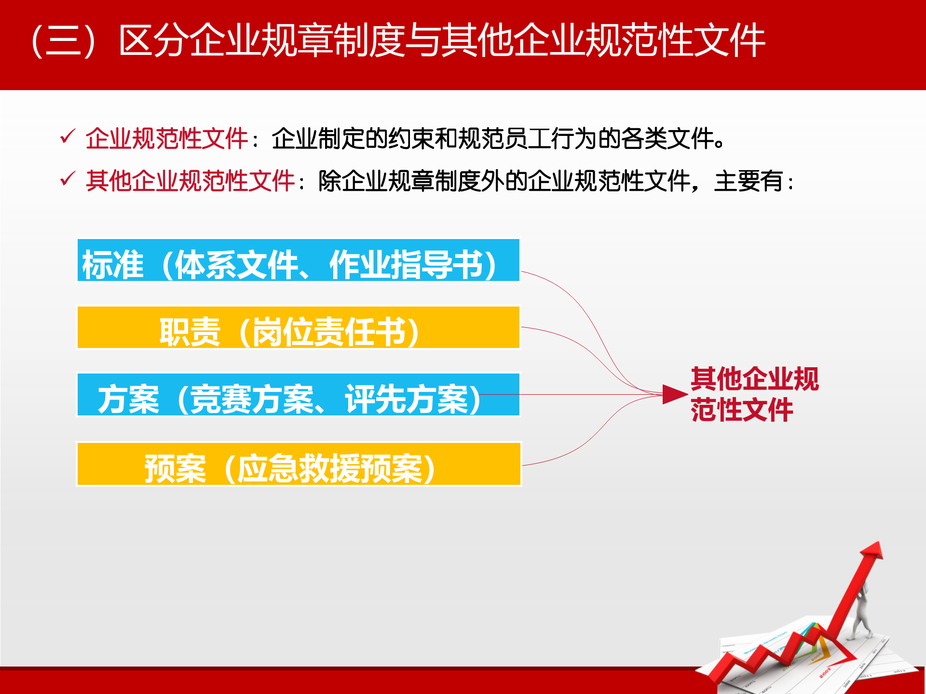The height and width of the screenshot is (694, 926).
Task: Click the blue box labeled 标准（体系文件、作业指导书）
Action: [x=298, y=260]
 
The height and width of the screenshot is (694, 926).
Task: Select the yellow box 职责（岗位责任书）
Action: [x=298, y=327]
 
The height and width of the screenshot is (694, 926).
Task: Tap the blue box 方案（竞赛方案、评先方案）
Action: [x=298, y=395]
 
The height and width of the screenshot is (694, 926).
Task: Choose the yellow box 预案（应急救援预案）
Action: [x=298, y=464]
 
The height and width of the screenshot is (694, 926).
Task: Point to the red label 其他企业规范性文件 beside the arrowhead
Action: [x=754, y=394]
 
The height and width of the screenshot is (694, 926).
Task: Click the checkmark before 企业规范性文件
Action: [x=67, y=137]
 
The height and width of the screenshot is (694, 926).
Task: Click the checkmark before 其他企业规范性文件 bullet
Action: [x=67, y=179]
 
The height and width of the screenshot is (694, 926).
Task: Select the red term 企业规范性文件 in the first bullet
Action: [x=166, y=139]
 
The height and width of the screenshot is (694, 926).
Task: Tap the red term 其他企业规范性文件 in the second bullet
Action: [x=190, y=181]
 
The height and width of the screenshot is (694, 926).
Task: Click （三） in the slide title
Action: [x=63, y=41]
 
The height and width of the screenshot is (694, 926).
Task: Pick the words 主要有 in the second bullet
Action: [x=749, y=181]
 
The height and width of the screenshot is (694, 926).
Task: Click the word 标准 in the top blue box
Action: [x=113, y=265]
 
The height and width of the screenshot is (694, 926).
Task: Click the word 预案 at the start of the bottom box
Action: [x=175, y=468]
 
